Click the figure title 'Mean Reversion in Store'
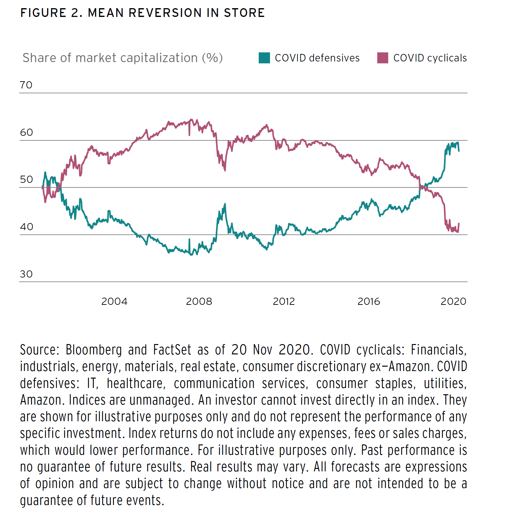click(142, 13)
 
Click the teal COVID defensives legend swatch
click(264, 58)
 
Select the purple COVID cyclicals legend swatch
click(383, 58)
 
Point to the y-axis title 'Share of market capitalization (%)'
click(123, 58)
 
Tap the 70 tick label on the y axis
click(26, 85)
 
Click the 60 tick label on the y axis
click(26, 132)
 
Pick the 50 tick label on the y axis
click(26, 179)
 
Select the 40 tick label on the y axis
click(26, 227)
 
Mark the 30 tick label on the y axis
click(26, 274)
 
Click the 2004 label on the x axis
click(114, 301)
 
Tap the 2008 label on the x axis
click(199, 301)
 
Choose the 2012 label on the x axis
click(284, 301)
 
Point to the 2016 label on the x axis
click(368, 301)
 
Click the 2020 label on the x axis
click(453, 301)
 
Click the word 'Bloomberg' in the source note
click(93, 350)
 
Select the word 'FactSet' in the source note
click(172, 350)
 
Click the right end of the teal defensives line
click(459, 151)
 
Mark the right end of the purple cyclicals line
click(459, 224)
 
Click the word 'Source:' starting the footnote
click(40, 350)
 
